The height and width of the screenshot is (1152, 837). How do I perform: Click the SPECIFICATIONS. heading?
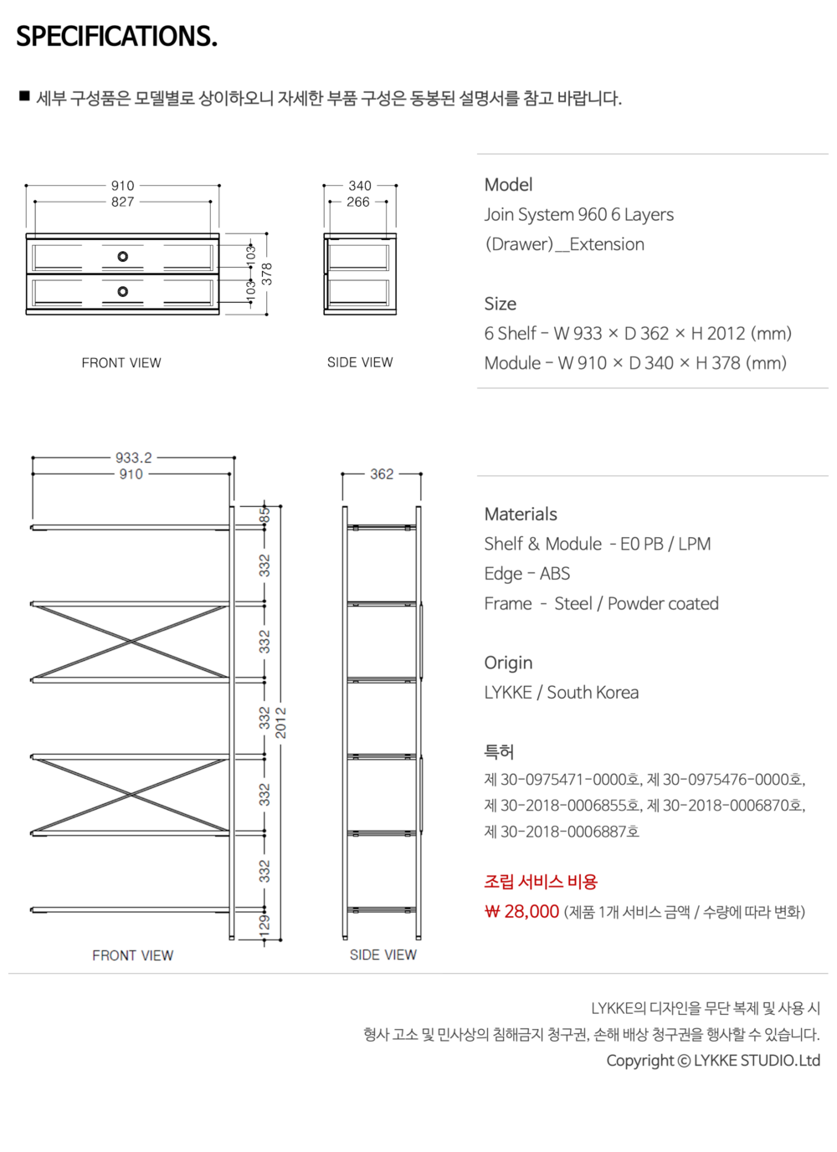(x=117, y=36)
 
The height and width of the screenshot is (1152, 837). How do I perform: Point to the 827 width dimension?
(x=122, y=202)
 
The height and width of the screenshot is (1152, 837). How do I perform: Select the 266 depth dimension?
(x=357, y=202)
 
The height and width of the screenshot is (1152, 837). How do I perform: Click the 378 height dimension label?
(x=266, y=274)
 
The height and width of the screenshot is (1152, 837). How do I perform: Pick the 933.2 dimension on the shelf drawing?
(x=134, y=457)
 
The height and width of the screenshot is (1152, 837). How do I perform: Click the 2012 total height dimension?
(x=280, y=723)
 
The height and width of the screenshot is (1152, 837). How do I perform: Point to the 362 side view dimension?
(x=382, y=474)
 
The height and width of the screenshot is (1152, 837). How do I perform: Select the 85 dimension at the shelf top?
(x=264, y=515)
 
